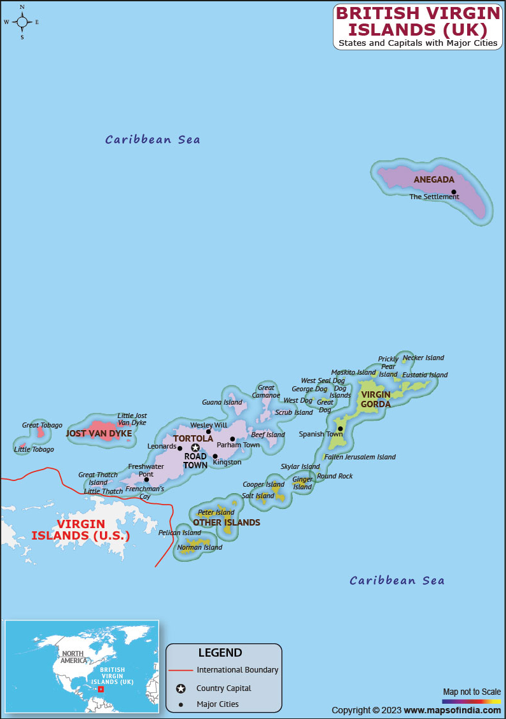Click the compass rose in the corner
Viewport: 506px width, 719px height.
point(22,22)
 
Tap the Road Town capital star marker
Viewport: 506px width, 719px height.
point(195,447)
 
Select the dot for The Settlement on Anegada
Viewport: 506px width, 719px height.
point(454,192)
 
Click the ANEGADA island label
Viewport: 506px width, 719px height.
point(434,179)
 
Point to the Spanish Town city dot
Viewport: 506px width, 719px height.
point(341,428)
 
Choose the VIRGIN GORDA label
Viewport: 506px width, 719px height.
point(376,400)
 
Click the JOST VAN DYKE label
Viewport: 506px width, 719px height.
point(99,433)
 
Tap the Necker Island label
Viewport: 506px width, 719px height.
point(423,358)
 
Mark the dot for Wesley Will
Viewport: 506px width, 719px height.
point(208,431)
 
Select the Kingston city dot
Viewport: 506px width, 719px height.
point(215,456)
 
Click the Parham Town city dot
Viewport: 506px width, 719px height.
point(232,438)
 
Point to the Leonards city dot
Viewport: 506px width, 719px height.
point(179,448)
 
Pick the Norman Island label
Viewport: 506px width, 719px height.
point(200,547)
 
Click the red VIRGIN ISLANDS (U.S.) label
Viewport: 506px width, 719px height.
point(81,529)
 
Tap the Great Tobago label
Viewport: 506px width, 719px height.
point(42,425)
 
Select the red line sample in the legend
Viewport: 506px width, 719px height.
point(181,670)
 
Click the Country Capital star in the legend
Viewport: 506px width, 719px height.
point(181,688)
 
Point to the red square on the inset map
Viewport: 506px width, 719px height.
point(101,688)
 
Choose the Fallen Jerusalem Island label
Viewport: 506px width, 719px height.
point(360,457)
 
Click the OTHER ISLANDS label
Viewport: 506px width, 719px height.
point(227,522)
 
